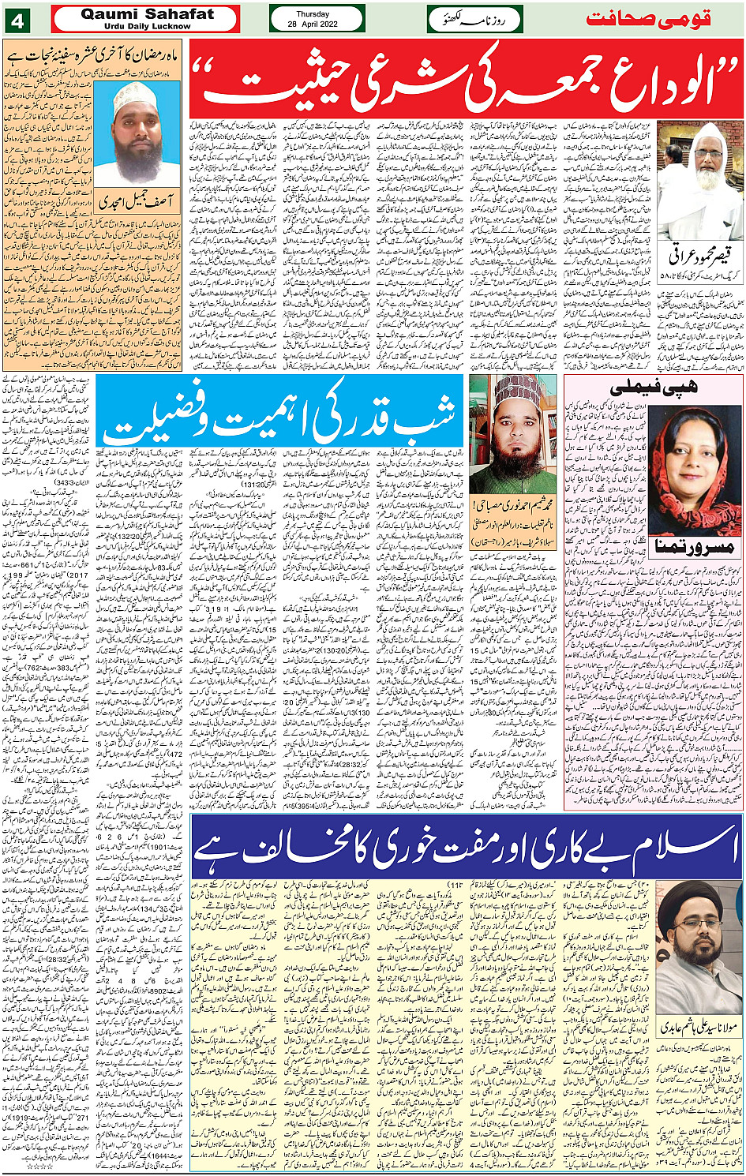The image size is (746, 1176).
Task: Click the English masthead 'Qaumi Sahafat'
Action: pos(147,13)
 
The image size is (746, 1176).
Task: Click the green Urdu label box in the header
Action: pos(474,19)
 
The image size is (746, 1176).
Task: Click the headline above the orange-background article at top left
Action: pos(93,55)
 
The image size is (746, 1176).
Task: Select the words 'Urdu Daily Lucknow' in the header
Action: pos(147,26)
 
